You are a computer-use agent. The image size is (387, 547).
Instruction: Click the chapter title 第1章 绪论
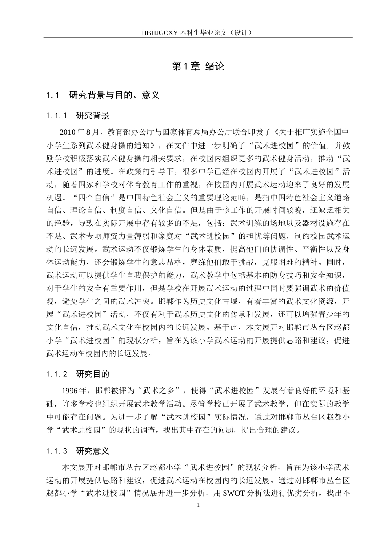(198, 67)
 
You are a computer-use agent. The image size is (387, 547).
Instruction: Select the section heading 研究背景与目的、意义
(114, 95)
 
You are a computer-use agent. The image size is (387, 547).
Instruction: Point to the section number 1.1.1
(57, 116)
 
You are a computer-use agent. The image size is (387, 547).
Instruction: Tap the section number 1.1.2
(57, 374)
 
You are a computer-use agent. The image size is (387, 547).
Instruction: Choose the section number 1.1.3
(57, 451)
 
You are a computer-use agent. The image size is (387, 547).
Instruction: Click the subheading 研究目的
(92, 374)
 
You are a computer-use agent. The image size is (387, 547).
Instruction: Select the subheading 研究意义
(92, 451)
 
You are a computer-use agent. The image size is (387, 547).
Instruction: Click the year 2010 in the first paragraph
(68, 132)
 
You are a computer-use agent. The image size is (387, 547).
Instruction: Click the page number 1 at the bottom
(198, 505)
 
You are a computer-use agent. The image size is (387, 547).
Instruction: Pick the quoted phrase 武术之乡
(157, 391)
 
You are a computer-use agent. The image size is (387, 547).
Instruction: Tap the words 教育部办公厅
(128, 132)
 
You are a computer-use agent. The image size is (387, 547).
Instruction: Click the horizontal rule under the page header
(198, 38)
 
